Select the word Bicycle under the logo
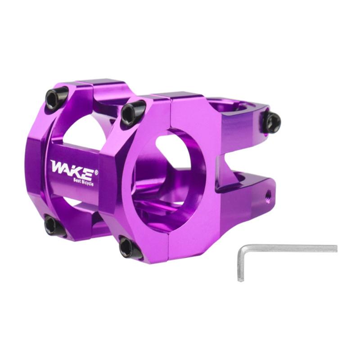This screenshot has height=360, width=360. [x=87, y=183]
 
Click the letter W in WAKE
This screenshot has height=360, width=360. [x=58, y=166]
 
